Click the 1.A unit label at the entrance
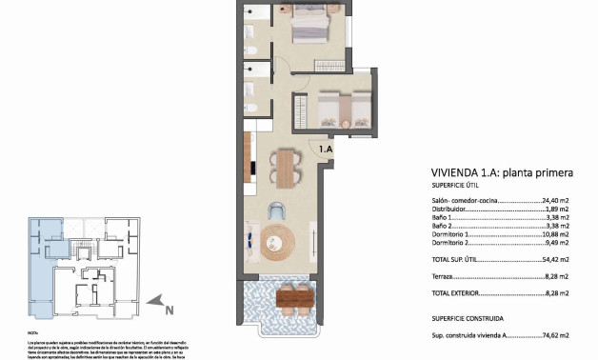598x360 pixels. coord(325,149)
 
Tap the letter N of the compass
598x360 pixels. coord(168,310)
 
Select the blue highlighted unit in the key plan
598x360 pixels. coord(43,267)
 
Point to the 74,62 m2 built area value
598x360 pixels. coord(555,335)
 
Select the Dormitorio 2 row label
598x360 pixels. coord(453,243)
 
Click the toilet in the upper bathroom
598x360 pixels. coord(249,49)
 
